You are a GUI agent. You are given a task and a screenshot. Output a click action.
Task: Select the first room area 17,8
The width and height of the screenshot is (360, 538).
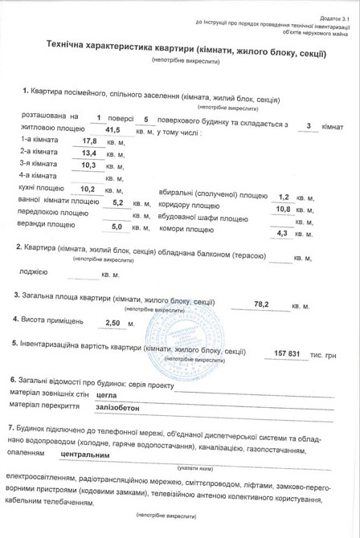tap(89, 141)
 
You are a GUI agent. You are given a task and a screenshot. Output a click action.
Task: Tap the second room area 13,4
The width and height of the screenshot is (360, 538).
tap(89, 153)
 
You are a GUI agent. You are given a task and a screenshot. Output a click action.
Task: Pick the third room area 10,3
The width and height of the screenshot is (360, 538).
tap(89, 165)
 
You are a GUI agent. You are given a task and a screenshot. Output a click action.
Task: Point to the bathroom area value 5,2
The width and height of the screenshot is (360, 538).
tap(117, 202)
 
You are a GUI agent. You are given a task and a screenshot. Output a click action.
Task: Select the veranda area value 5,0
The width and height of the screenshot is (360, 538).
tap(116, 227)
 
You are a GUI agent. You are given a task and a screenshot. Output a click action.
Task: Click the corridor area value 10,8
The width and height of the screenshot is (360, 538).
tap(283, 210)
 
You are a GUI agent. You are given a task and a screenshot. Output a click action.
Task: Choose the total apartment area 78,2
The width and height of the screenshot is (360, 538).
tap(261, 305)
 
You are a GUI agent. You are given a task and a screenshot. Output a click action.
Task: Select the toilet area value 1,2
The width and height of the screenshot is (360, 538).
tap(283, 197)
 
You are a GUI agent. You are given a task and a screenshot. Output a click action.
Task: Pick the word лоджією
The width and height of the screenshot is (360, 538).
tap(33, 272)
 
